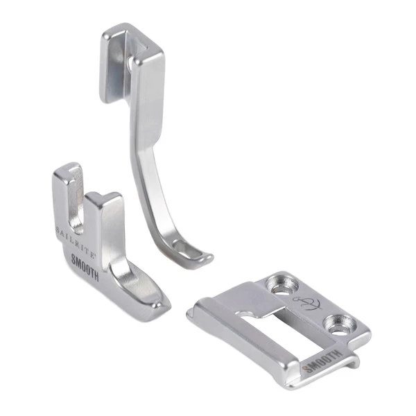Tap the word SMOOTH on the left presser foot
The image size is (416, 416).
click(85, 267)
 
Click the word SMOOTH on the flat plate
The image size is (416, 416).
click(321, 361)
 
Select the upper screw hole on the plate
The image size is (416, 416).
click(282, 286)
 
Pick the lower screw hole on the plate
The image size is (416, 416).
click(340, 324)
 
